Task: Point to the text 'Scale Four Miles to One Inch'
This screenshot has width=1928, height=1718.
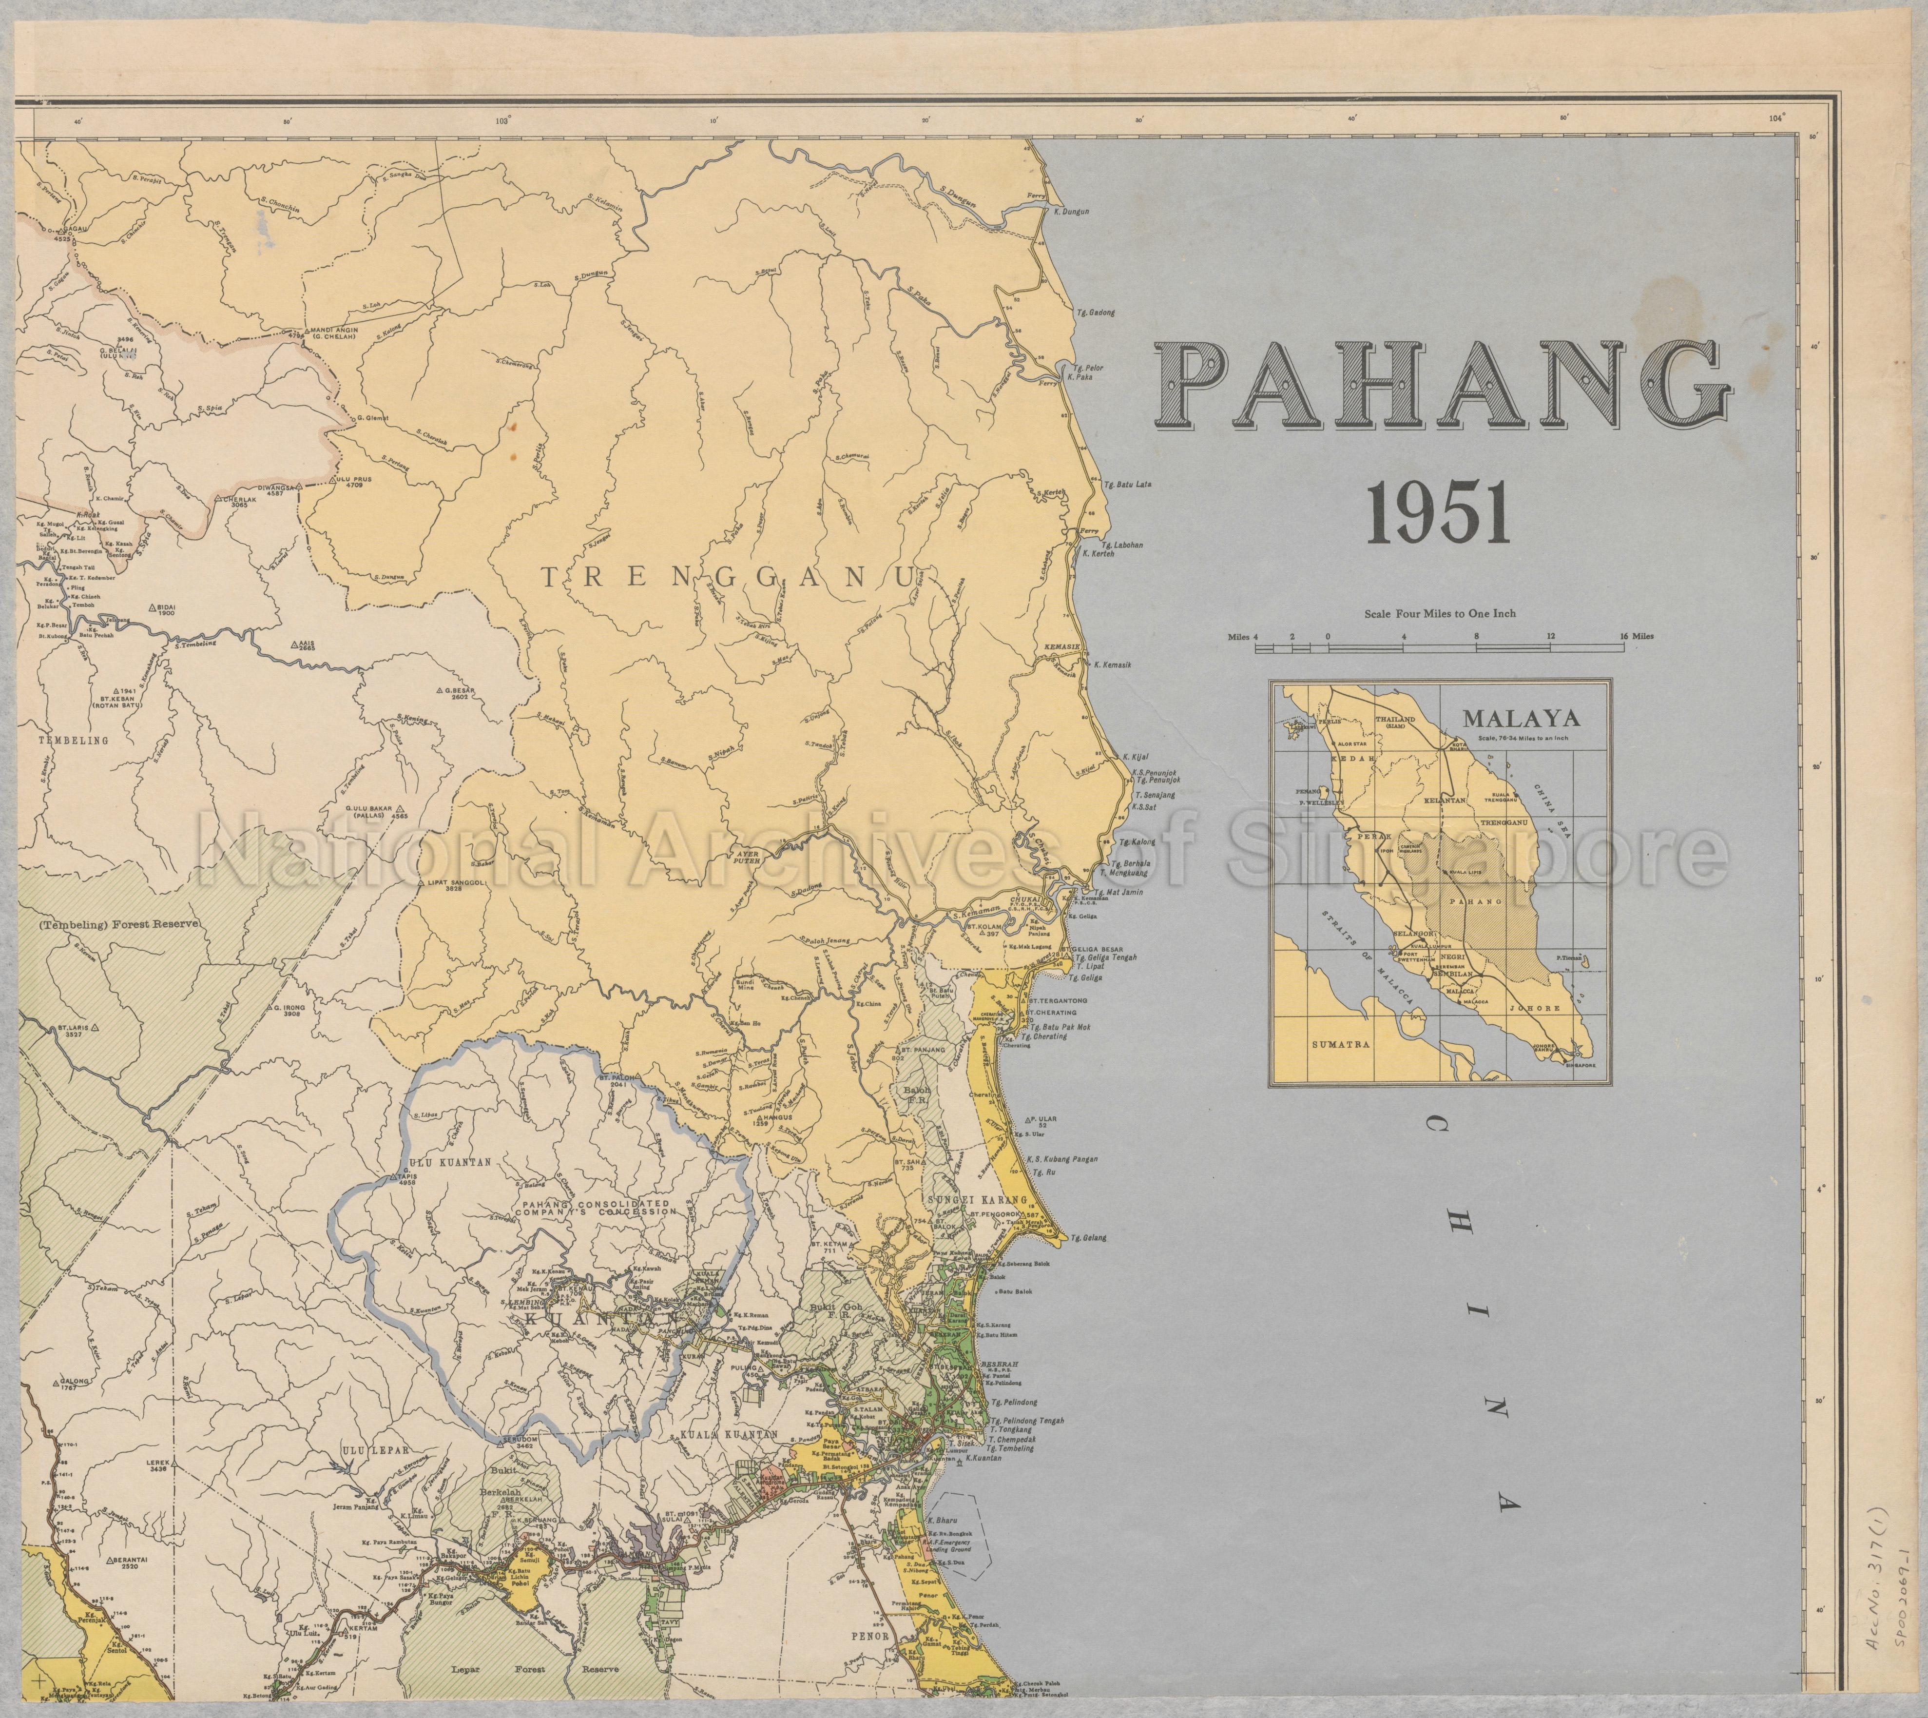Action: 1439,614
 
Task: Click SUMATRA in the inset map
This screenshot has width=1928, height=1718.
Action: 1340,1045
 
